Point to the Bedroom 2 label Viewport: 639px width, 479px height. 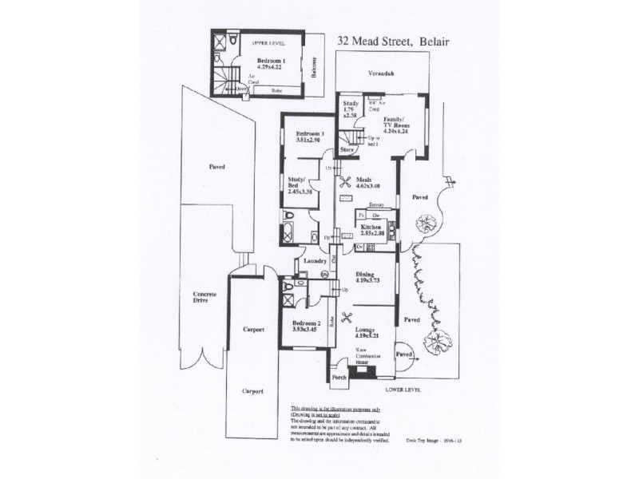coord(306,326)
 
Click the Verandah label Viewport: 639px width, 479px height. coord(381,73)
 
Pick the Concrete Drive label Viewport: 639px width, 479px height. coord(204,299)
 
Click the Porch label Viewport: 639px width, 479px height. coord(338,379)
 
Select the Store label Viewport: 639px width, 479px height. coord(347,149)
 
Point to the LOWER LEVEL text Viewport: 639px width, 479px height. coord(402,390)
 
